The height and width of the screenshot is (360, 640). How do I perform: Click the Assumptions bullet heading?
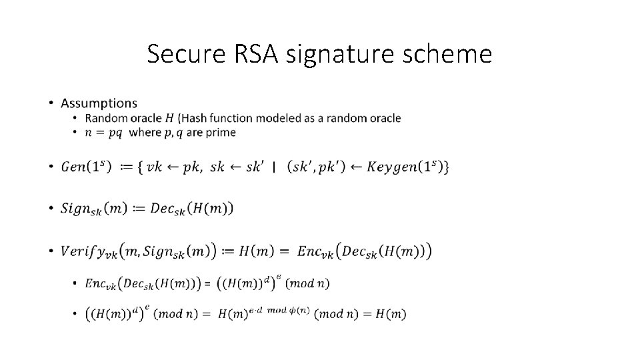pos(99,103)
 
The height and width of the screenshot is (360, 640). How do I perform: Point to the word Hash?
pos(197,118)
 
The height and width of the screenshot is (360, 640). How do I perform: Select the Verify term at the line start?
pos(89,251)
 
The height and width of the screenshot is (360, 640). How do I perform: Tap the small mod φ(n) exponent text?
pos(288,309)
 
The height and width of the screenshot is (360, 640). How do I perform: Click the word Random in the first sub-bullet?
pos(106,118)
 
